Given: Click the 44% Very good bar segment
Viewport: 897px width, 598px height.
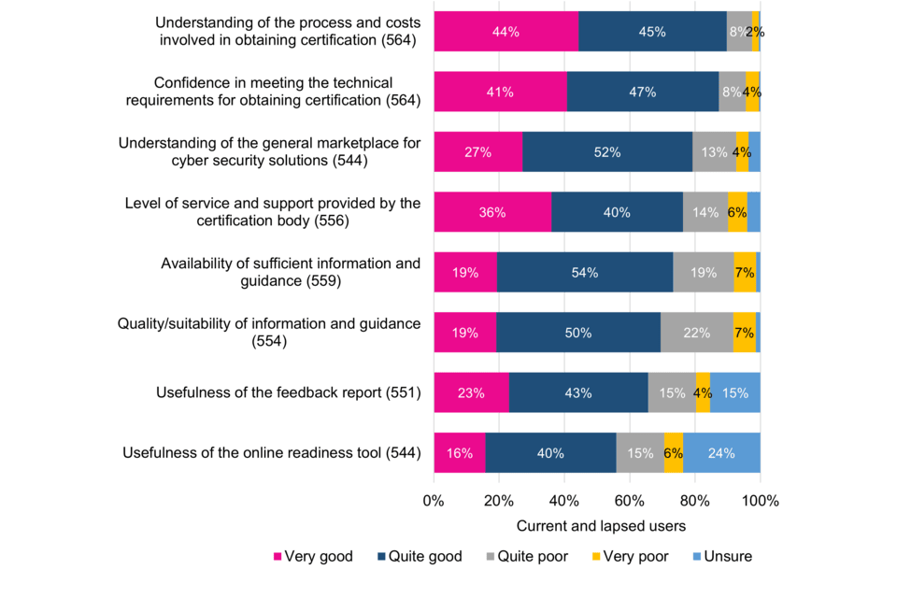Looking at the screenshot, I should point(505,32).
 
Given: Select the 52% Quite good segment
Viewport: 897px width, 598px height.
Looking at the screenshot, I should point(607,152).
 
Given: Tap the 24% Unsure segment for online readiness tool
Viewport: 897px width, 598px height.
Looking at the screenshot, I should point(721,453).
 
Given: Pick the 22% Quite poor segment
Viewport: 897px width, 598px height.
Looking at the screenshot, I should point(696,333).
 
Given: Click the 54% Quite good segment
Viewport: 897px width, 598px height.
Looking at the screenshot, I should point(585,272).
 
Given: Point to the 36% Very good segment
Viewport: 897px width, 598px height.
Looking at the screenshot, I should point(492,212).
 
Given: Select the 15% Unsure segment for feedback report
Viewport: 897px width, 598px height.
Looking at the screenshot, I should point(734,392).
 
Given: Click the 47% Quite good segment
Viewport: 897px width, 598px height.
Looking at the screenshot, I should point(643,92).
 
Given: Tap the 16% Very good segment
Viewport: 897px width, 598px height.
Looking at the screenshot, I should point(460,453).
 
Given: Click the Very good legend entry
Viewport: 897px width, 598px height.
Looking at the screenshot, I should point(312,557).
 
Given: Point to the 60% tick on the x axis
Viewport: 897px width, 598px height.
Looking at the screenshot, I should point(629,501).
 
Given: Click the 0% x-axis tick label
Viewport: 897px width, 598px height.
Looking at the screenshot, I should point(434,501).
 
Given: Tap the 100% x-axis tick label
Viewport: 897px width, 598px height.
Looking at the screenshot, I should point(760,501).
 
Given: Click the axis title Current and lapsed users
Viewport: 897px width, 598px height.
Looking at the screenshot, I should point(596,526).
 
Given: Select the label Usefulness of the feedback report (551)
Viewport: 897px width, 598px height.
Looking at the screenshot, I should point(288,393).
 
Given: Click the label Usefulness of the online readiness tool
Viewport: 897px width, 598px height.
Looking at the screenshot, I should point(272,453).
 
